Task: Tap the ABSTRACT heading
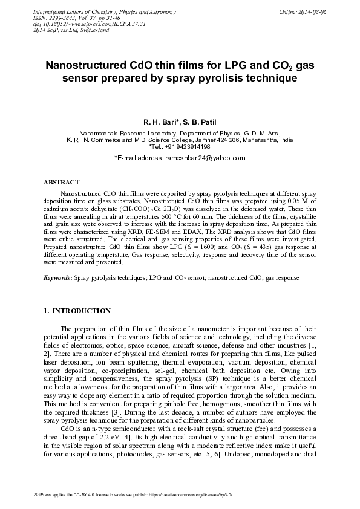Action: pyautogui.click(x=61, y=181)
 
